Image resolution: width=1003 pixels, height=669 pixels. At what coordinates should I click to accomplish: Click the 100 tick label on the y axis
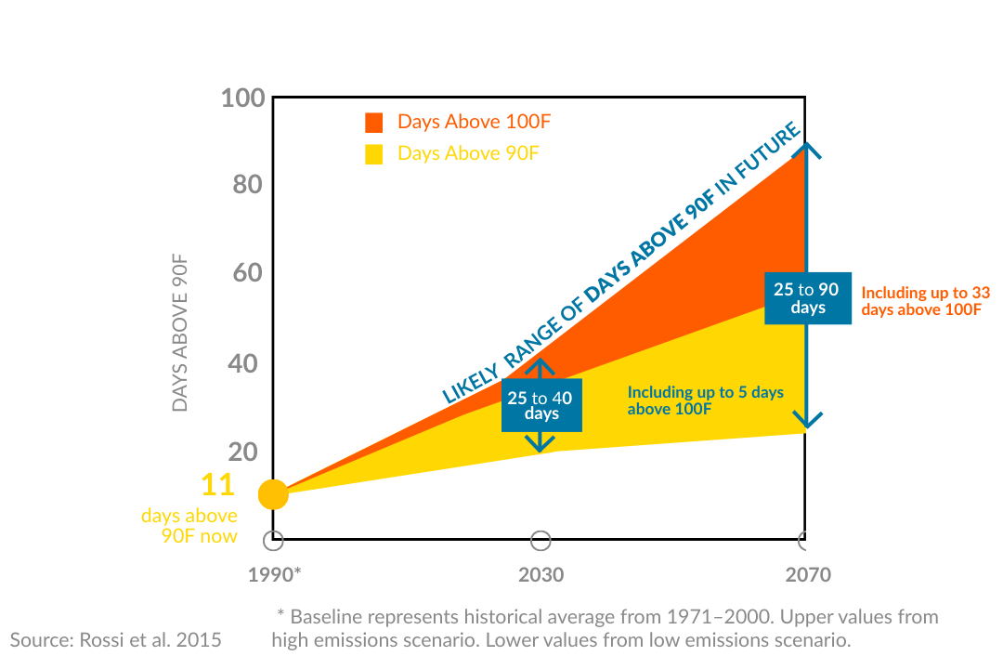[243, 98]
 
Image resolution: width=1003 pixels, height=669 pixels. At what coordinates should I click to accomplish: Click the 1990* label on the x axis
[274, 575]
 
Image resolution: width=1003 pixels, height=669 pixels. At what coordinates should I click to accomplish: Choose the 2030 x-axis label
[541, 575]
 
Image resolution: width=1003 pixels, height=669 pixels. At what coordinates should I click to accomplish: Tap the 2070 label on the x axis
[807, 575]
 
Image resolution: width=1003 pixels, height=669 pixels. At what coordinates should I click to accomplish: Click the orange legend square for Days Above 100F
[374, 123]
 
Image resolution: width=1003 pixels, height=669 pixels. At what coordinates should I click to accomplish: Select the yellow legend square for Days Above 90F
[374, 154]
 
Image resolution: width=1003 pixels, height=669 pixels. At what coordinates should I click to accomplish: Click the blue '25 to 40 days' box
[541, 405]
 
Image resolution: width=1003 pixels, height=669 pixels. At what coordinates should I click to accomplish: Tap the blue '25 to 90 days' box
[807, 297]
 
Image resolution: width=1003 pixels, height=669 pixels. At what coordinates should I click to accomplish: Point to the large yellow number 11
[216, 485]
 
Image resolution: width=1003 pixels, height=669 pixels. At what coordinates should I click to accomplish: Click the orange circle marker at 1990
[273, 494]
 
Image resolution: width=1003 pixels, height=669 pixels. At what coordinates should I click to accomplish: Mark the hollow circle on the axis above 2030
[541, 541]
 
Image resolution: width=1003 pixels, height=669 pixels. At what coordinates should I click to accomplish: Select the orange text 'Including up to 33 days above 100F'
[925, 301]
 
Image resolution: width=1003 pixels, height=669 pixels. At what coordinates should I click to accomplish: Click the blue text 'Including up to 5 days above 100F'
[705, 400]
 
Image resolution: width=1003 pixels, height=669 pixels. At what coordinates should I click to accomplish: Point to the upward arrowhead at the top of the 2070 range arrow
[808, 151]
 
